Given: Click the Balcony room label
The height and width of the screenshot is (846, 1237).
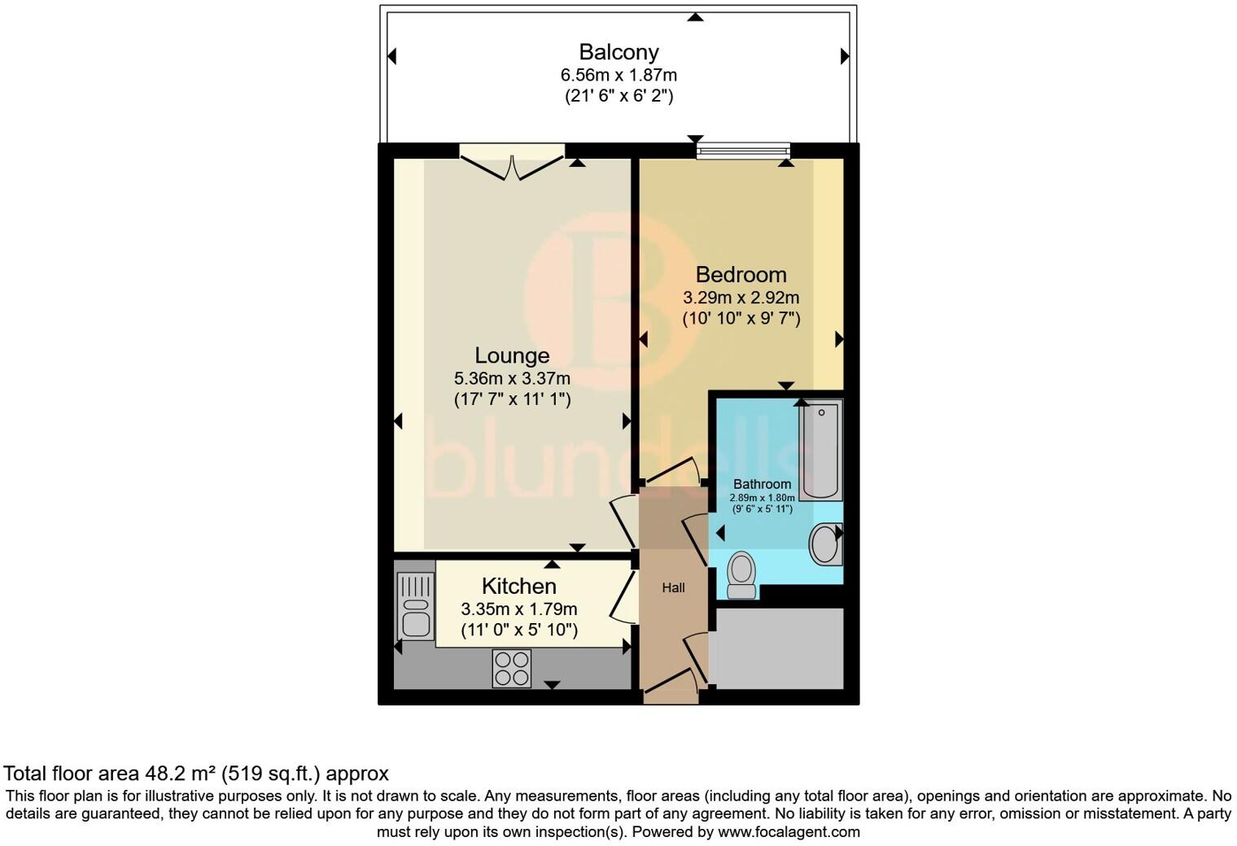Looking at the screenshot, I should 618,52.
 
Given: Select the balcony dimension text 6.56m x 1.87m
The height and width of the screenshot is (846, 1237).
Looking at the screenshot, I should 618,75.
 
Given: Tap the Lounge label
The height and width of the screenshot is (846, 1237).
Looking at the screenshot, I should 512,355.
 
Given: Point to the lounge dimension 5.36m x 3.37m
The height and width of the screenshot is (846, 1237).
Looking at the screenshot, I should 512,378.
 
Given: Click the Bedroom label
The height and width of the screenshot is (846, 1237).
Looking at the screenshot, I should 741,275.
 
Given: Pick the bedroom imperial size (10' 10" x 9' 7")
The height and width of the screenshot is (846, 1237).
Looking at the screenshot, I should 741,318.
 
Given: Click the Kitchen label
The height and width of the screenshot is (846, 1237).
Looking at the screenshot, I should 519,586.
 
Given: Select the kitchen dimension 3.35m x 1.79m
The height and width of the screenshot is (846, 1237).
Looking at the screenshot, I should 519,608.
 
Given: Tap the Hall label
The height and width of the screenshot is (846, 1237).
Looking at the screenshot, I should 673,587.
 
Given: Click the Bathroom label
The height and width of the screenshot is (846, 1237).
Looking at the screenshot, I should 762,484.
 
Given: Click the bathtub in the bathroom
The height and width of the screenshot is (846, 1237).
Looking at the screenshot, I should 820,450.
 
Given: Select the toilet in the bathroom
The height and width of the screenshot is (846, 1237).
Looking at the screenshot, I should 741,574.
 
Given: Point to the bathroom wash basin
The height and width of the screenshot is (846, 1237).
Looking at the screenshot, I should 826,544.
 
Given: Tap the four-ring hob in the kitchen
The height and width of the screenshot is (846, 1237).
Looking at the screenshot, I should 512,668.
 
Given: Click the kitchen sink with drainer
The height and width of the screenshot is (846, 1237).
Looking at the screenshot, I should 415,606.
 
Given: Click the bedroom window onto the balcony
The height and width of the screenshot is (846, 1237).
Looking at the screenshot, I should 744,150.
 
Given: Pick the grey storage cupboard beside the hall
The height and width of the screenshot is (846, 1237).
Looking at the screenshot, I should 779,648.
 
